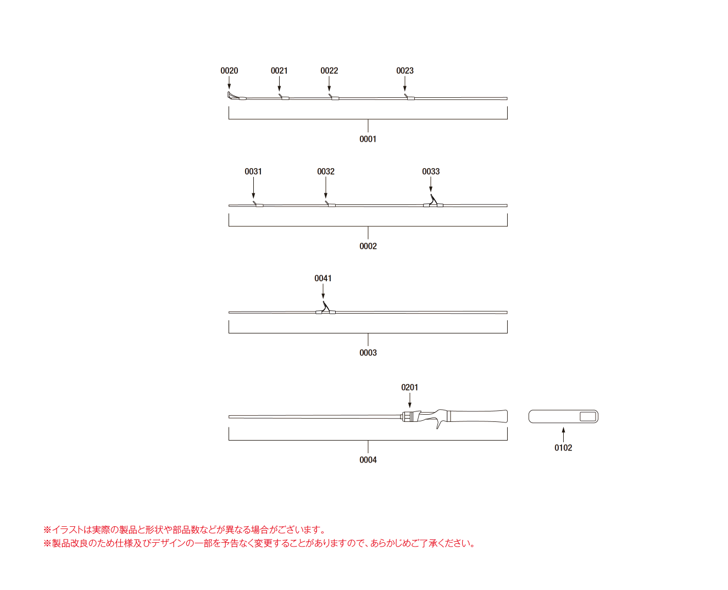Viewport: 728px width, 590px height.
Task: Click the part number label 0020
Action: tap(229, 71)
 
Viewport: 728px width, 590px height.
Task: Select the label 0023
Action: tap(405, 71)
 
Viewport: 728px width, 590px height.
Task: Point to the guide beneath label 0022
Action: tap(334, 97)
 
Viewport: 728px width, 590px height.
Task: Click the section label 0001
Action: tap(368, 139)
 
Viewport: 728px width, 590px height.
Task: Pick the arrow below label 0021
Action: tap(279, 84)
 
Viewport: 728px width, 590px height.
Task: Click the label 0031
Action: tap(253, 171)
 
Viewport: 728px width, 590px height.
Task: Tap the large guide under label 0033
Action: tap(433, 201)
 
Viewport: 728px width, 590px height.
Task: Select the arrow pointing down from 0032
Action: tap(326, 187)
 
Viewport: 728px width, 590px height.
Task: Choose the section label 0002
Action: tap(368, 246)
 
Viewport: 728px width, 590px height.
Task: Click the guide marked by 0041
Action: tap(325, 308)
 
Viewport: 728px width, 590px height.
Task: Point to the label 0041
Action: tap(323, 279)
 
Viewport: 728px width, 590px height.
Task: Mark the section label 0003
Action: tap(368, 353)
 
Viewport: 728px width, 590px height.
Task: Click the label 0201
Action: tap(409, 387)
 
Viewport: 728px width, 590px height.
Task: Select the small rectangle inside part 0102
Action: tap(588, 416)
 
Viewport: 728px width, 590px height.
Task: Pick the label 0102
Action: tap(563, 448)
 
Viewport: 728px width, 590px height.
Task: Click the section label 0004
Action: tap(368, 460)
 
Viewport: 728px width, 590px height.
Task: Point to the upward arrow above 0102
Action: tap(563, 435)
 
